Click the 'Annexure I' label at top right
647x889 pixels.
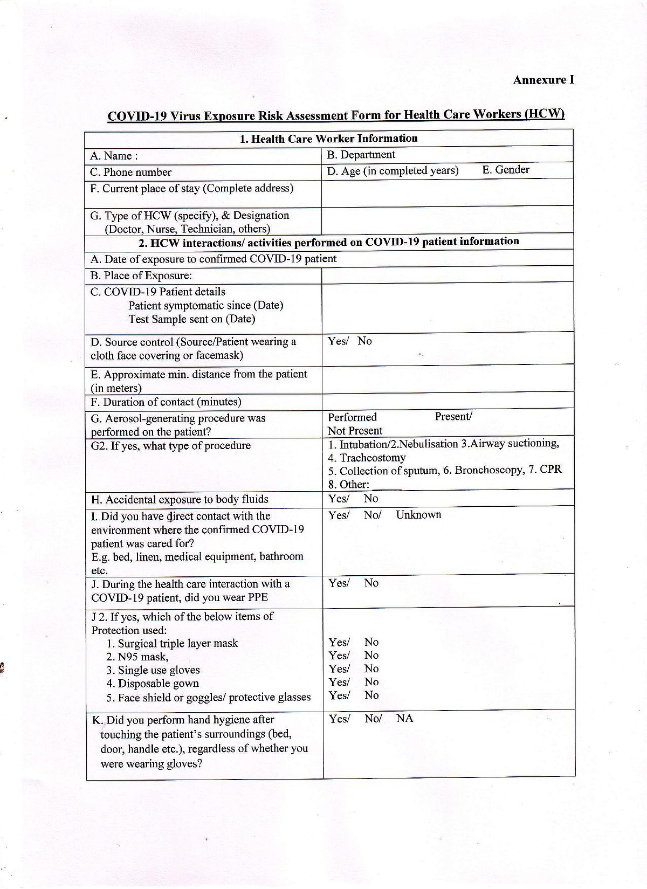[x=543, y=80]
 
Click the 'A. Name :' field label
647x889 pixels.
[x=114, y=156]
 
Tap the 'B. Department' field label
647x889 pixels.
[x=361, y=155]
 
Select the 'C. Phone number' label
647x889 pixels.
[x=130, y=173]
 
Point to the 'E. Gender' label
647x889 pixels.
[x=506, y=170]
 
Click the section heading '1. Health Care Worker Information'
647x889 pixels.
[x=328, y=139]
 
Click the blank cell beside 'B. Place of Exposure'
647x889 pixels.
[x=448, y=275]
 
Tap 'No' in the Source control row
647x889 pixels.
[x=364, y=341]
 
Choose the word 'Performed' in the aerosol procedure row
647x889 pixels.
[x=352, y=417]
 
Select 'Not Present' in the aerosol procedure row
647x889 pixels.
[x=355, y=431]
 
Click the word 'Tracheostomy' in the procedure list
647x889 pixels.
[x=373, y=458]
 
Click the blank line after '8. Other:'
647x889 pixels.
[x=387, y=485]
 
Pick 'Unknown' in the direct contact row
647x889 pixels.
[x=418, y=515]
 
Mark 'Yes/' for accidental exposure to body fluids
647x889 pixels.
[x=339, y=499]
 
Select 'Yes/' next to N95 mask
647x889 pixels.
[x=339, y=656]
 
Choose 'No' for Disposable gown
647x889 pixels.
[x=371, y=682]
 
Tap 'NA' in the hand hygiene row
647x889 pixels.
[x=404, y=719]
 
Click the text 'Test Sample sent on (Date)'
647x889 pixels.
[x=191, y=319]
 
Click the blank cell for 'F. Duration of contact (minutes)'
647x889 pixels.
[x=448, y=401]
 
